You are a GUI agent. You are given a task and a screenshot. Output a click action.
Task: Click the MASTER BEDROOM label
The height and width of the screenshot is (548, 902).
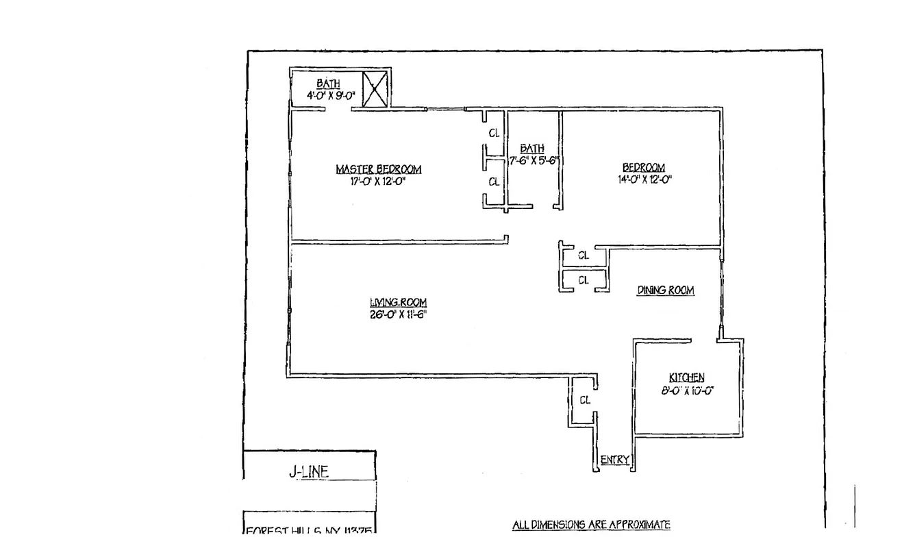point(378,169)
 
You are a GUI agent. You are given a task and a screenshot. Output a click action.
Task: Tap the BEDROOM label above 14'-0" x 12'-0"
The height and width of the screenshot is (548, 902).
point(643,168)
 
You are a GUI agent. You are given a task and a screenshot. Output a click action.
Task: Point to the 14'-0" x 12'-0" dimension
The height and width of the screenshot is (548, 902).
point(643,180)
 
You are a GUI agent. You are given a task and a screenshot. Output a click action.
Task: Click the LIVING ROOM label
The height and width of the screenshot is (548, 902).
point(399,303)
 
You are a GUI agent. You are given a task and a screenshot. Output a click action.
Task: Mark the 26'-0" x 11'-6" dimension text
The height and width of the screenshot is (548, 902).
point(399,315)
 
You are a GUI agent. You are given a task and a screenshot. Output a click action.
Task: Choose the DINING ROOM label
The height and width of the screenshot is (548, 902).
point(666,290)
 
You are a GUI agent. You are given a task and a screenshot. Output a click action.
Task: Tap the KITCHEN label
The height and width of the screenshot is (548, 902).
point(686,377)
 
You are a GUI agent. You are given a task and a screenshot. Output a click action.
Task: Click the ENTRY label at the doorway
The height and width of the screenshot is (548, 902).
point(614,460)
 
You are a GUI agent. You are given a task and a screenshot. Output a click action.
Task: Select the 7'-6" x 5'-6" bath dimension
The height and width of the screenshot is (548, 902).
point(534,161)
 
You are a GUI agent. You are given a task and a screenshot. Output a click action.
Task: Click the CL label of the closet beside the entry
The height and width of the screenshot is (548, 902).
point(585,401)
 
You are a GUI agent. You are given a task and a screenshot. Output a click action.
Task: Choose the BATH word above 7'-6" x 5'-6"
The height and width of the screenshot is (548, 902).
point(532,149)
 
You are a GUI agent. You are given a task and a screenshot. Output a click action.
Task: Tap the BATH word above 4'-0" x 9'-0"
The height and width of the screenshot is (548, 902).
point(328,84)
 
